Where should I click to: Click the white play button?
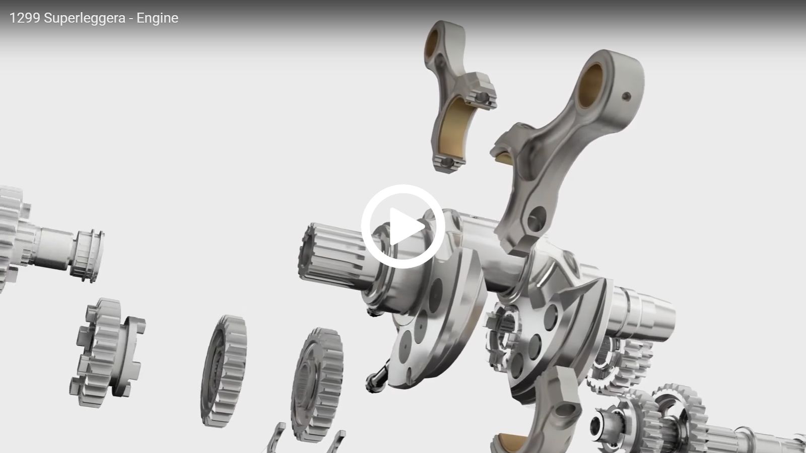(403, 226)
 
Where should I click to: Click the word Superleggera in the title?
(85, 18)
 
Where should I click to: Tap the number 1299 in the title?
(25, 18)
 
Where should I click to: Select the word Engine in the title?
(157, 18)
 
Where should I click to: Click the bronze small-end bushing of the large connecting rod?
(590, 86)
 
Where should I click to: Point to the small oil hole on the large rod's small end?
(627, 96)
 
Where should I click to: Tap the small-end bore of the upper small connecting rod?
(431, 43)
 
